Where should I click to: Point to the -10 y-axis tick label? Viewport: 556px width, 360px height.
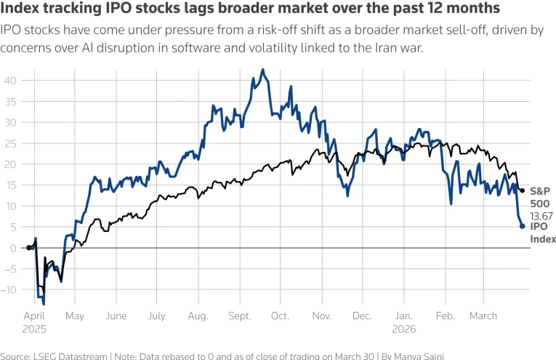(x=10, y=289)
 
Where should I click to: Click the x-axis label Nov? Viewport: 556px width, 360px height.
(x=321, y=316)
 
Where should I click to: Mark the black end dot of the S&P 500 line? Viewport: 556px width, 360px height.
(x=522, y=191)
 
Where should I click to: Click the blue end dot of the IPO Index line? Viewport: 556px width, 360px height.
(x=523, y=226)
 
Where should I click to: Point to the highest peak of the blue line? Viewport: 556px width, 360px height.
(x=262, y=70)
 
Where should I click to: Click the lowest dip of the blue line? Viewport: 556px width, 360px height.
(x=44, y=304)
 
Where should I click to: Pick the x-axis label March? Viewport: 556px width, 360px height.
(x=483, y=316)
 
